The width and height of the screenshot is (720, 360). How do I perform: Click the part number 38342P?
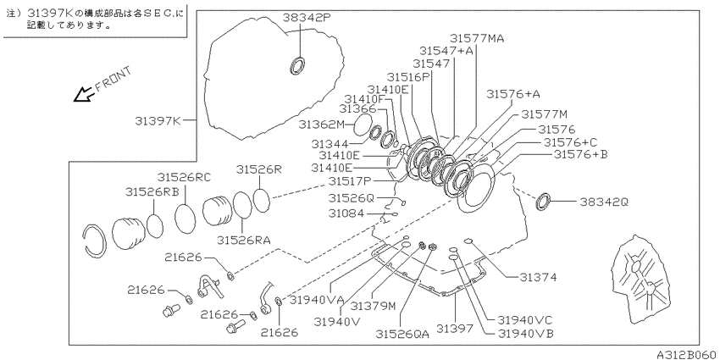coord(307,18)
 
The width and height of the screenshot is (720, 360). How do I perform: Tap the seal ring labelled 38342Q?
coord(543,202)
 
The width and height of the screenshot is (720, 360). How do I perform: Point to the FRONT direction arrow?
coord(83,94)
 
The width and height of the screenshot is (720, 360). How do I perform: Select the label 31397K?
coord(158,121)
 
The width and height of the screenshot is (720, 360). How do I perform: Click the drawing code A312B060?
coord(687,355)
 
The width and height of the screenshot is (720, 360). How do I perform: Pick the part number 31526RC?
coord(184,177)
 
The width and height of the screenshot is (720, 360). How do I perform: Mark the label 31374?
coord(538,277)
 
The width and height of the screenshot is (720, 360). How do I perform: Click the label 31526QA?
coord(402,335)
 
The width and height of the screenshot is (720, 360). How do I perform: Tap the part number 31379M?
coord(373,305)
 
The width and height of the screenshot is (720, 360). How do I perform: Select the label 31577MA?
coord(477,38)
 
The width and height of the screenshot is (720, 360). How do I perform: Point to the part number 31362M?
coord(321,124)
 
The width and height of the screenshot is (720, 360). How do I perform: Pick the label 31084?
coord(346,213)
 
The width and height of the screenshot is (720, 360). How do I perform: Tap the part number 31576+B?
coord(580,155)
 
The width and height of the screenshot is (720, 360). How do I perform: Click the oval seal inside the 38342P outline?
coord(297,65)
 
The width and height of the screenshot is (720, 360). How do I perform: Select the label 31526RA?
coord(243,239)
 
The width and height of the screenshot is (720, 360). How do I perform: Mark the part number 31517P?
coord(351,181)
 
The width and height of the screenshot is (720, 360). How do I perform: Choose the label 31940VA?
coord(317,301)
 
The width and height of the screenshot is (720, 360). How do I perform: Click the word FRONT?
coord(113,79)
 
